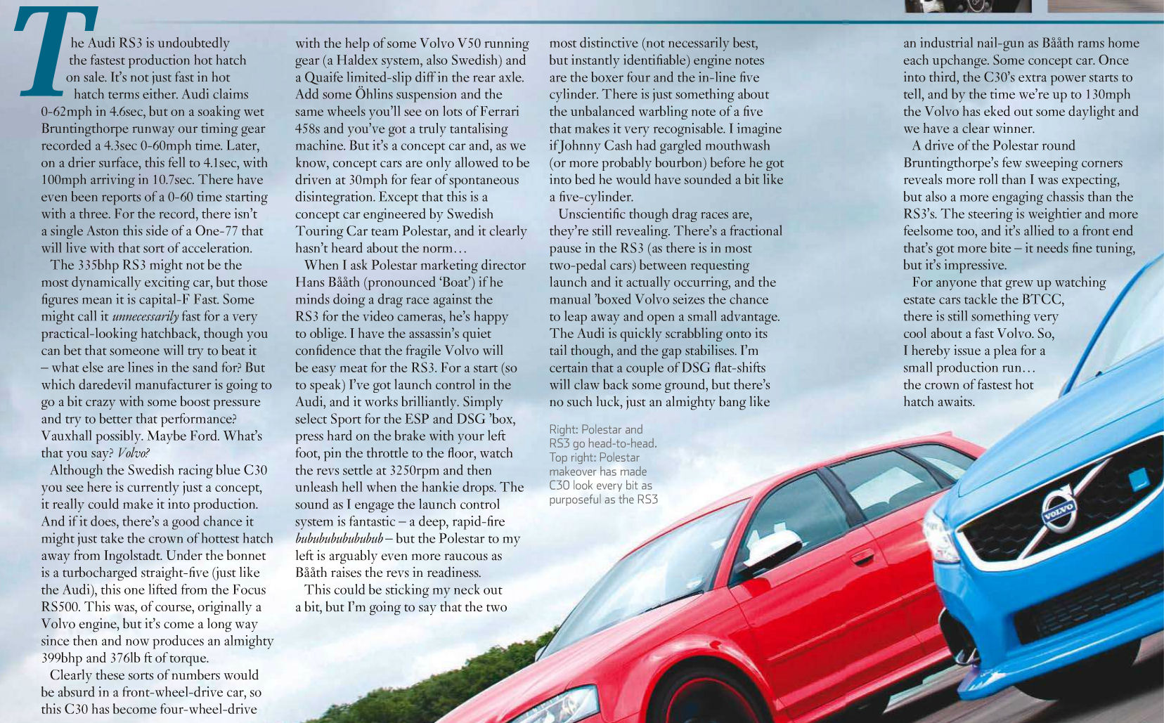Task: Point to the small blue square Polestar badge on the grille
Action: [x=1138, y=479]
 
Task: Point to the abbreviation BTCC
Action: [x=1042, y=299]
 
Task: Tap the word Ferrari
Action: [x=494, y=112]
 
